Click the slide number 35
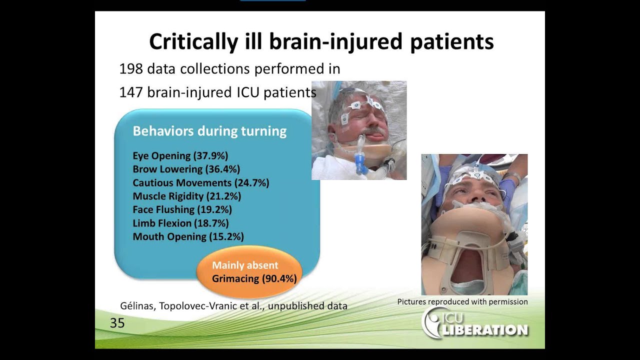(117, 323)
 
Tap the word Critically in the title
(193, 41)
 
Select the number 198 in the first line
(130, 69)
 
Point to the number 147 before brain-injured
(130, 92)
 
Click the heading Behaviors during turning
(209, 131)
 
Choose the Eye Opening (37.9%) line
(180, 155)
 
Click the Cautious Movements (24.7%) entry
(201, 182)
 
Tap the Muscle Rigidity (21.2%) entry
(187, 196)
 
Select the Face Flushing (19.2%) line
(182, 209)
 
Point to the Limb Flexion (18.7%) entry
(181, 223)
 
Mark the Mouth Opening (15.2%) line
(188, 236)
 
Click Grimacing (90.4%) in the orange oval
(254, 278)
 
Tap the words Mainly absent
(245, 265)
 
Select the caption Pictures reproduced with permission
(462, 301)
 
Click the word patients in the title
(452, 41)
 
